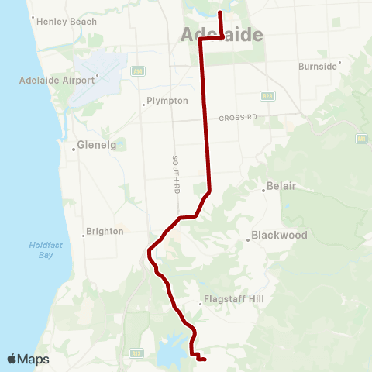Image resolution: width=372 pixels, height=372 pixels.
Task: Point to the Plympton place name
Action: point(167,101)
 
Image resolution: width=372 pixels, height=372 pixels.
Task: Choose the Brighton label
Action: point(105,231)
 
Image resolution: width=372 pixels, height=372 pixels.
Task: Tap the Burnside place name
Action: point(318,66)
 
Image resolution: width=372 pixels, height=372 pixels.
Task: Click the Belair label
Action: point(281,186)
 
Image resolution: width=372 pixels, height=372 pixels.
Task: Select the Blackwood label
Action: point(280,235)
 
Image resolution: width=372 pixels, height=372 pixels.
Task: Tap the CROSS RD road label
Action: point(237,117)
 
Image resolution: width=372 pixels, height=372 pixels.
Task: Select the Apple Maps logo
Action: point(28,360)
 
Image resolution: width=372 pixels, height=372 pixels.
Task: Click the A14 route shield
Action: point(137,71)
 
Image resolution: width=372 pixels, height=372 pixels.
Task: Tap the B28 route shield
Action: point(267,96)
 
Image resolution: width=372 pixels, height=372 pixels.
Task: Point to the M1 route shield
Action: point(360,139)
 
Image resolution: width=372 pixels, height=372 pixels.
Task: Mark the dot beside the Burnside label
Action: point(339,65)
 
